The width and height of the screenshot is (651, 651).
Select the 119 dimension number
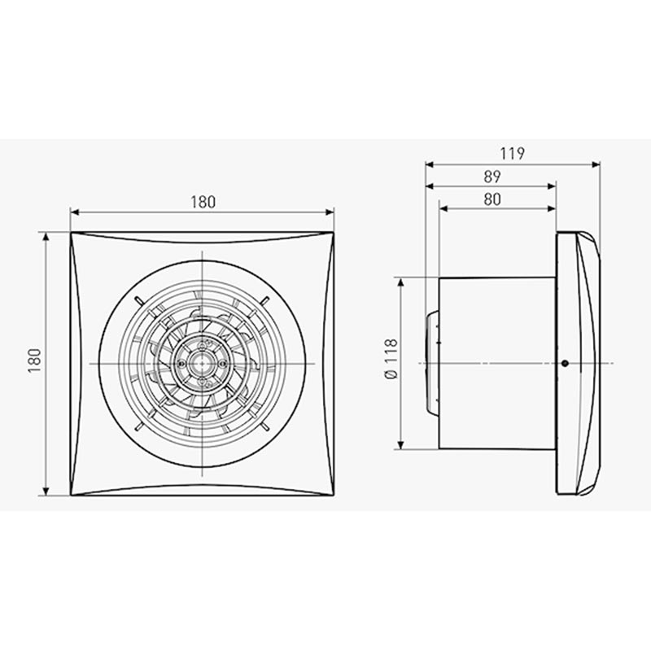513,154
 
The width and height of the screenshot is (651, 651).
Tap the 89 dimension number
492,177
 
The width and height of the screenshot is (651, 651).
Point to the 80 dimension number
492,199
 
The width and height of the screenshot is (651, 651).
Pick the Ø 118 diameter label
391,359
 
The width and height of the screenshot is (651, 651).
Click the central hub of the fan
202,364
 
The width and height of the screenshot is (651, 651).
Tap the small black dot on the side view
565,363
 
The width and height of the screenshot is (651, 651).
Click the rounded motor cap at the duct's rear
433,363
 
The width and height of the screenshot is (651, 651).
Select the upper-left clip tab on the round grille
138,300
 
